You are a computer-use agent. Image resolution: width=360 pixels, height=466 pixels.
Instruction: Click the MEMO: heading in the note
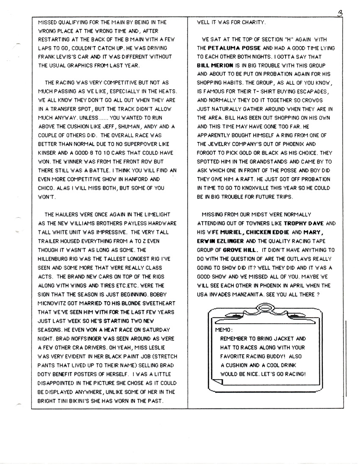pos(223,329)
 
